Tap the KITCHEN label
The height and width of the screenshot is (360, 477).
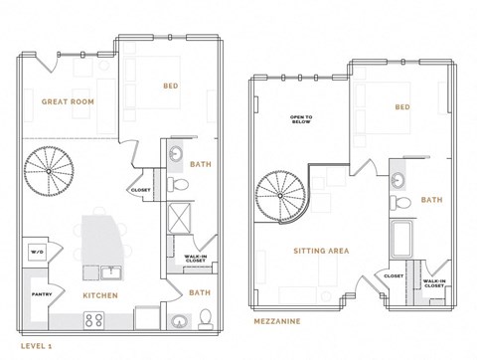point(101,295)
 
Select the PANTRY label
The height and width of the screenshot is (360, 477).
point(42,294)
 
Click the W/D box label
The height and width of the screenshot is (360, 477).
point(37,252)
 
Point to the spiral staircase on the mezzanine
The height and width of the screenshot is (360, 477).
point(282,195)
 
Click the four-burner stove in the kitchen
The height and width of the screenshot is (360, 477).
point(95,320)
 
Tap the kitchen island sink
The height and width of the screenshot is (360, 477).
point(107,272)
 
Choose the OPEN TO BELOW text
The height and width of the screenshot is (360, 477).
point(302,119)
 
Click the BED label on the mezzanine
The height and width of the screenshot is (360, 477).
point(401,107)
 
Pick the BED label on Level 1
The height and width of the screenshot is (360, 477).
point(170,87)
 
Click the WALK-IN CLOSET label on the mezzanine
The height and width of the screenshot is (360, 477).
point(433,284)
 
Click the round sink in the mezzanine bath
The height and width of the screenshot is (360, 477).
point(399,180)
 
